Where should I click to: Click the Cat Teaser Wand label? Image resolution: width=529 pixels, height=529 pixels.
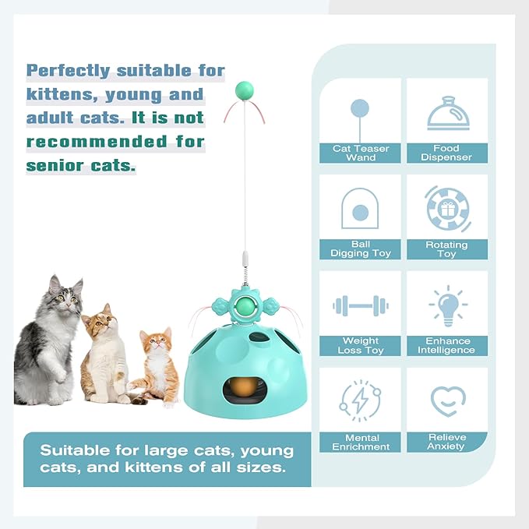coord(360,153)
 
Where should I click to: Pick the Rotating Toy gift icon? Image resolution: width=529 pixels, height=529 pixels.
coord(447,209)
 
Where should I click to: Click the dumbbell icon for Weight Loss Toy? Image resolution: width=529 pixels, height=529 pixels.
coord(360,305)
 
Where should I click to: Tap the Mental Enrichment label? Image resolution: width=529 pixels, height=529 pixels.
coord(361,443)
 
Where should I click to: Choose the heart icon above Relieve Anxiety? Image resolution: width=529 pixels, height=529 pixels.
coord(448,400)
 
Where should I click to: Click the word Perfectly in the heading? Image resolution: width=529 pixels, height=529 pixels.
coord(70,71)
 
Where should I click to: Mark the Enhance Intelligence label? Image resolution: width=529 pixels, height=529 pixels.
coord(448,345)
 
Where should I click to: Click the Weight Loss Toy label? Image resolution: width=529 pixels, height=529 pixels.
coord(361,345)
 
